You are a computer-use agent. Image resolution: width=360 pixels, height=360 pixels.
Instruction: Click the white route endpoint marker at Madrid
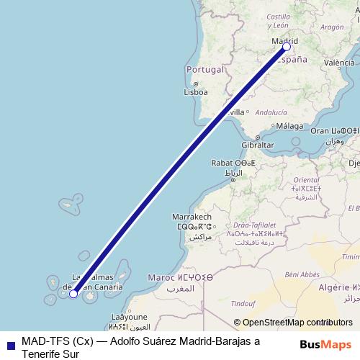point(287,47)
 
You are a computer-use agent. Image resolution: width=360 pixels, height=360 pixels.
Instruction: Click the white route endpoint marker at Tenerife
point(73,293)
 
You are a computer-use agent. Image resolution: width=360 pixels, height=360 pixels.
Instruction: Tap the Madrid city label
point(284,42)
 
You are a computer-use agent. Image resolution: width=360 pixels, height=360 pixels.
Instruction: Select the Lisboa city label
point(196,92)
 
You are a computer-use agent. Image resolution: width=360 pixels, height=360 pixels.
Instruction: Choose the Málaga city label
point(289,126)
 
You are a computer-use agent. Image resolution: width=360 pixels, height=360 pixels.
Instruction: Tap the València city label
point(339,63)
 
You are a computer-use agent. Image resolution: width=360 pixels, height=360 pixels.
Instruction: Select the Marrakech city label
point(192,217)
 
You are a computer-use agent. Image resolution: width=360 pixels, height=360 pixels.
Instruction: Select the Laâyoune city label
point(130,316)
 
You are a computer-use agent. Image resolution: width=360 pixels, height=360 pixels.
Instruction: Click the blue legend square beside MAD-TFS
point(9,341)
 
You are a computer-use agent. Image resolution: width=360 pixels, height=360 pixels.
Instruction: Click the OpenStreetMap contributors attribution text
point(294,323)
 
